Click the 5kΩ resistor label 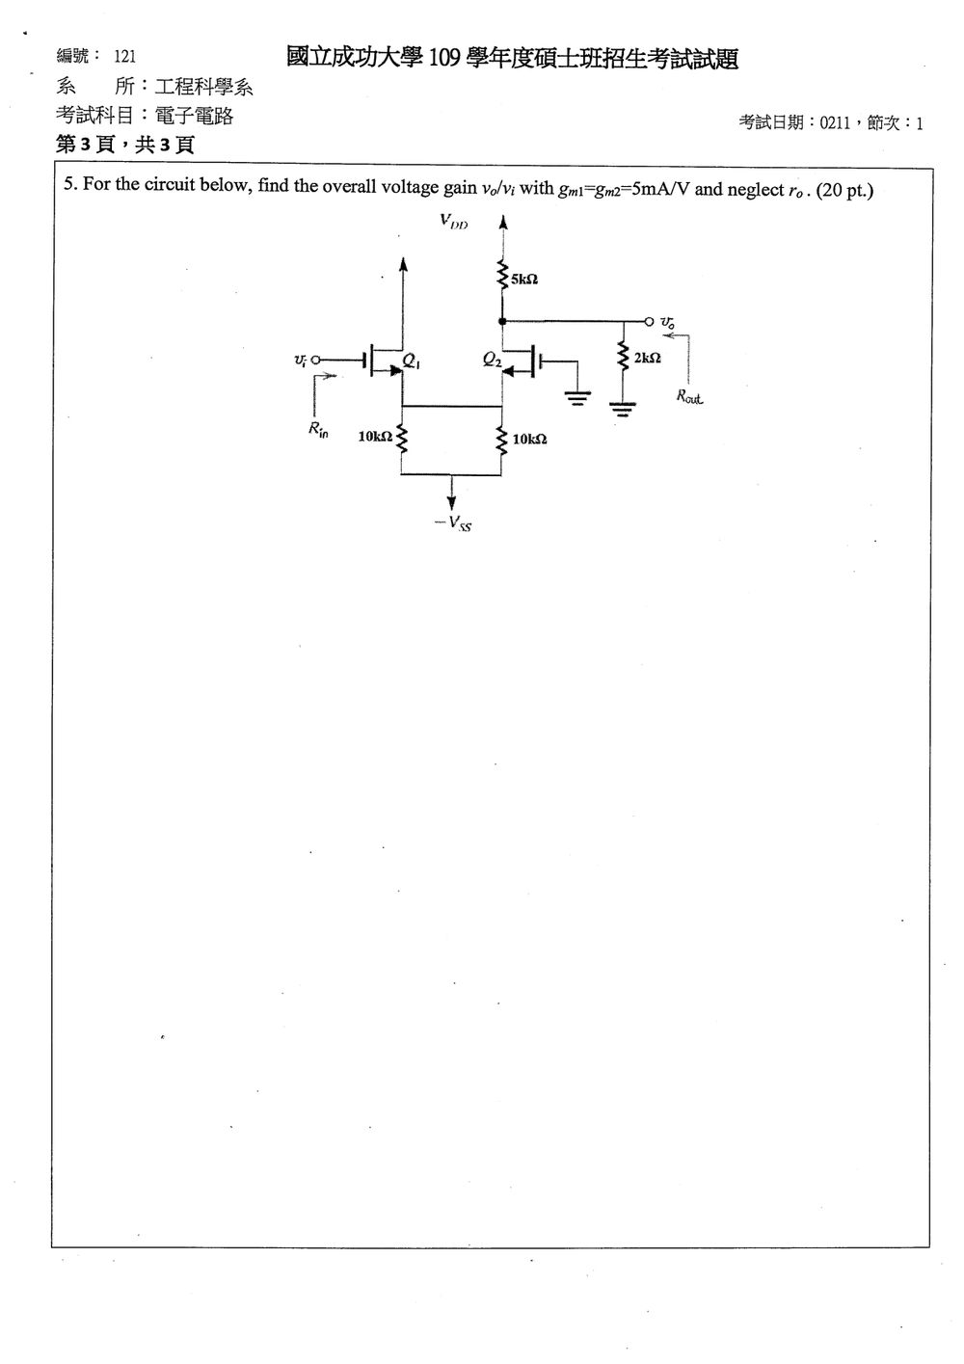click(x=523, y=279)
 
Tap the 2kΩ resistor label click(x=647, y=358)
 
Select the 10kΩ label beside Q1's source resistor click(x=375, y=436)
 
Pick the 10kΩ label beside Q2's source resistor click(x=529, y=439)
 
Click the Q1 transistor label click(x=411, y=361)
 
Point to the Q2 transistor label click(x=492, y=360)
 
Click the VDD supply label click(x=454, y=221)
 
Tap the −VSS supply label click(x=453, y=523)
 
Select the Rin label click(x=318, y=430)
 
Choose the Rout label click(x=688, y=396)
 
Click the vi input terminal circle click(x=315, y=360)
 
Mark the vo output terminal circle click(x=649, y=321)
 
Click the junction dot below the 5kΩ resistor click(x=502, y=321)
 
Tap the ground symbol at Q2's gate click(x=577, y=397)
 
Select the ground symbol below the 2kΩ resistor click(x=623, y=409)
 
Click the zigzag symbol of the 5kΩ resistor click(x=502, y=275)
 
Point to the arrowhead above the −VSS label click(x=451, y=503)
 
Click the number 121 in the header click(x=125, y=57)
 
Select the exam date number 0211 click(x=835, y=123)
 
